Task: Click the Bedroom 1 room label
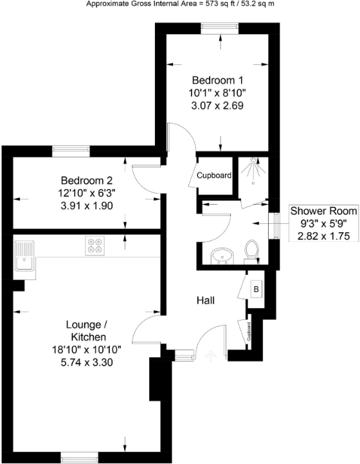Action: point(218,80)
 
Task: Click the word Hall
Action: point(206,301)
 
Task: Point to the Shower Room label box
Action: point(318,223)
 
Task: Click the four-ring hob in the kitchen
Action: point(95,245)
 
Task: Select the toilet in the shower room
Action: point(251,251)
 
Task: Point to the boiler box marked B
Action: point(255,289)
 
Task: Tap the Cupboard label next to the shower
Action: point(214,175)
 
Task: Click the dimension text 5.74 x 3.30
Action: point(89,362)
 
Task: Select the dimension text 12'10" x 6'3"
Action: point(87,193)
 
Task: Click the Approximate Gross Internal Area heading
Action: point(180,3)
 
